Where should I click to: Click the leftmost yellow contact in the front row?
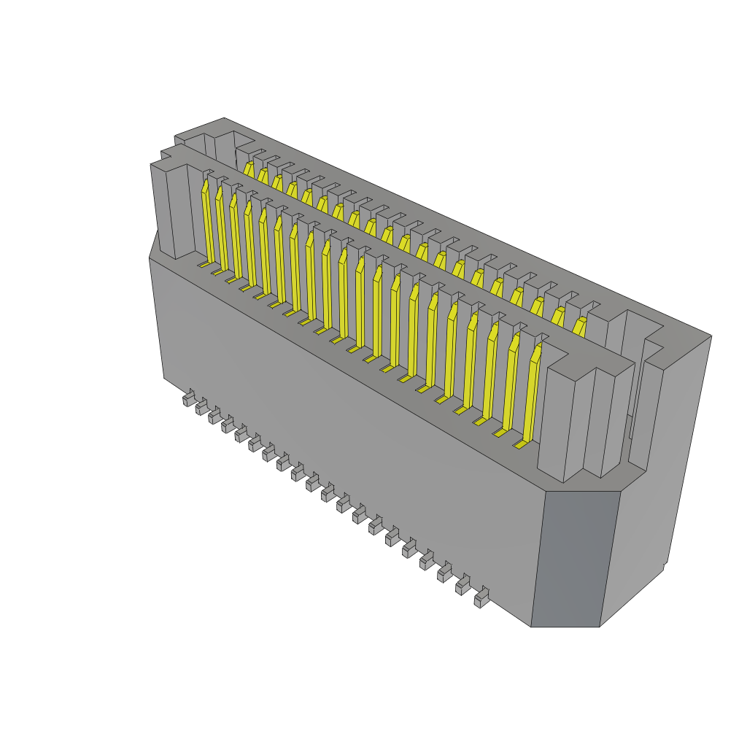pyautogui.click(x=206, y=222)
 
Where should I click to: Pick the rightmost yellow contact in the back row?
pyautogui.click(x=579, y=326)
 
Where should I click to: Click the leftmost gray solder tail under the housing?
pyautogui.click(x=188, y=399)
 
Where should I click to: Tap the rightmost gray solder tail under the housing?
pyautogui.click(x=481, y=600)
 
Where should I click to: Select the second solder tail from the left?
pyautogui.click(x=201, y=408)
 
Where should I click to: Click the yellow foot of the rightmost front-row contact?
pyautogui.click(x=520, y=443)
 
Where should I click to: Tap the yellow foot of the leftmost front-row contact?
pyautogui.click(x=204, y=265)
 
